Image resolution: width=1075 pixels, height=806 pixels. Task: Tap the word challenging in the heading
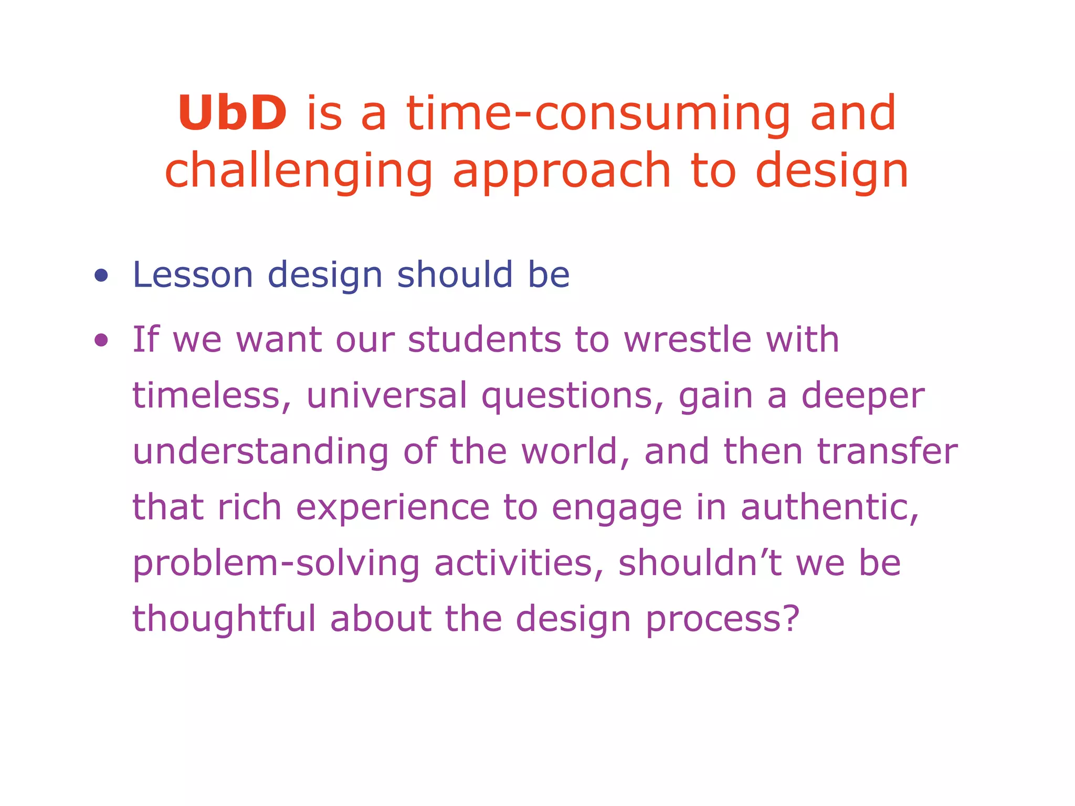coord(299,171)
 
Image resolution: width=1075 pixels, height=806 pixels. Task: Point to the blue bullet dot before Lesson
coord(101,275)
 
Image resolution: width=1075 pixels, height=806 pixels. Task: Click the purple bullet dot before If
coord(101,340)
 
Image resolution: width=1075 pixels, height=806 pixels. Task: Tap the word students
coord(484,340)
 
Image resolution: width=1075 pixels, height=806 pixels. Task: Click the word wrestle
coord(688,340)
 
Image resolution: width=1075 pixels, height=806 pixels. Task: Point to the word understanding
coord(260,452)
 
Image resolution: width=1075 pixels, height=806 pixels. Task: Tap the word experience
coord(393,508)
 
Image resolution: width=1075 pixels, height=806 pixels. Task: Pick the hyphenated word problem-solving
coord(276,564)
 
